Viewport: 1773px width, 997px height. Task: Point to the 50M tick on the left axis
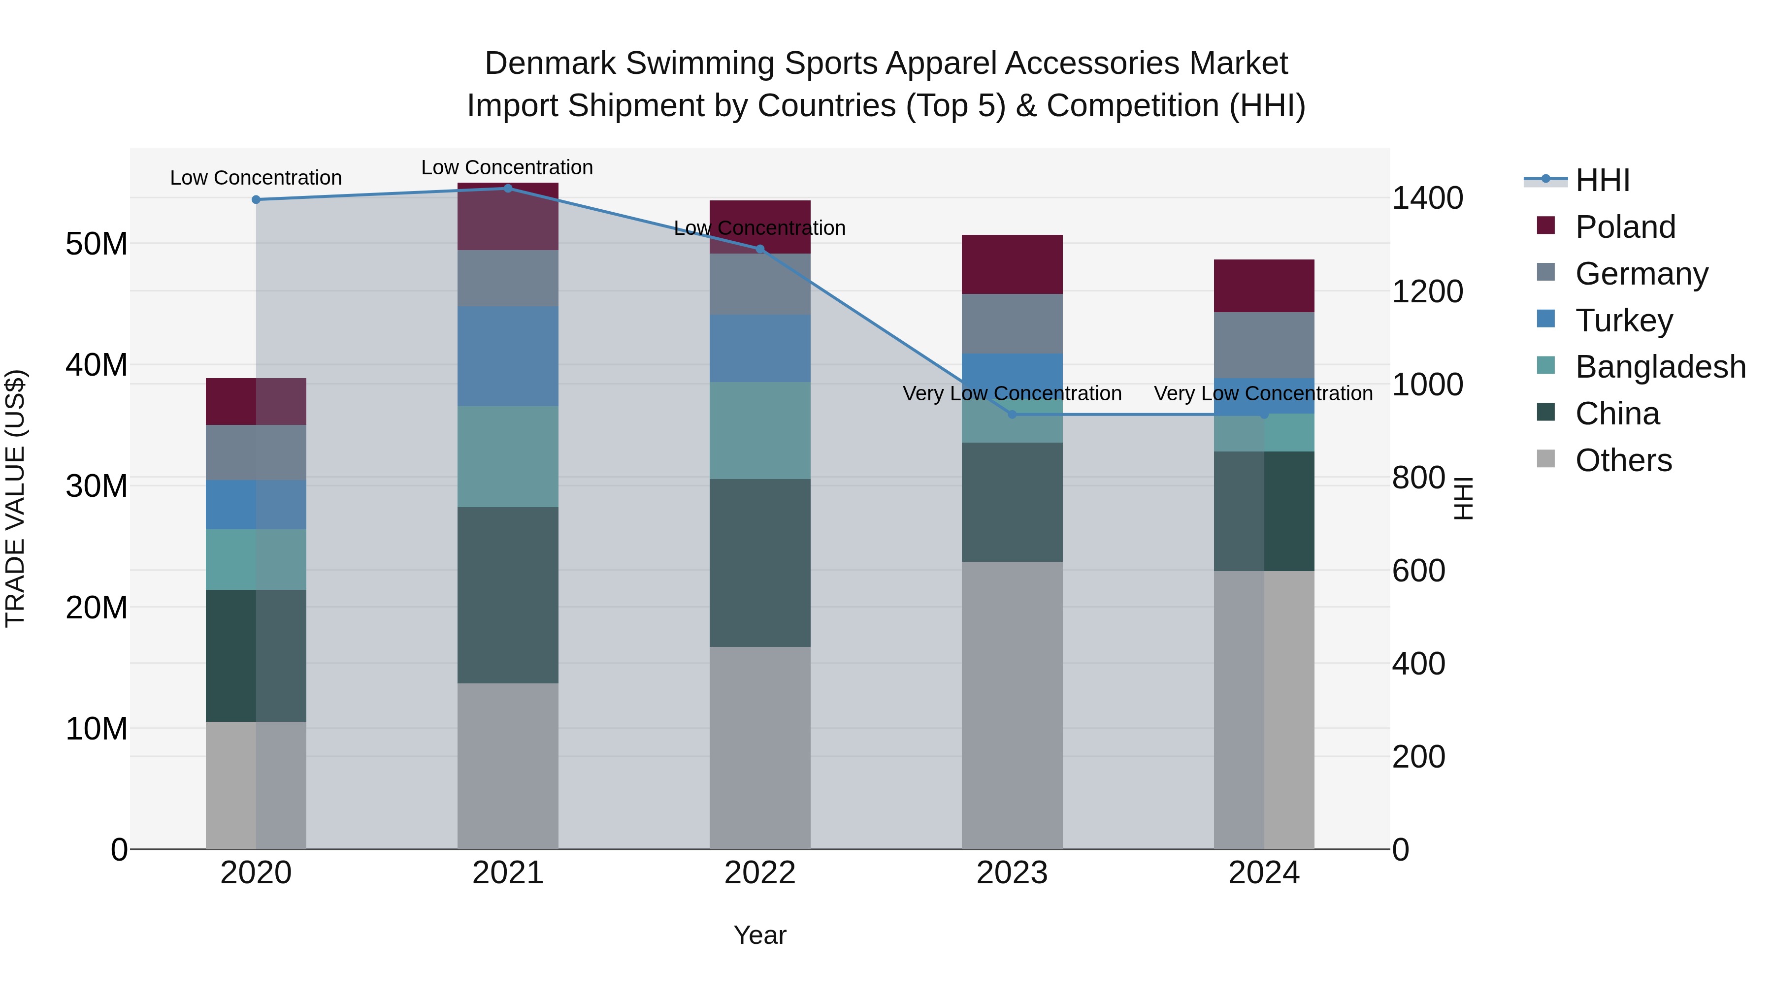97,244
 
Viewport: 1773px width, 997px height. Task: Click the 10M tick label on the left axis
97,729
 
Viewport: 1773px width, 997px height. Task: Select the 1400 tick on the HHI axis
1427,198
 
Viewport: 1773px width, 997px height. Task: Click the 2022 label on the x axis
760,873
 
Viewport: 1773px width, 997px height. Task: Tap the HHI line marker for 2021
508,189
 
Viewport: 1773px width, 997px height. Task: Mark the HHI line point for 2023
1012,414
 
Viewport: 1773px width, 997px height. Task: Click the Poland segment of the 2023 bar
1012,265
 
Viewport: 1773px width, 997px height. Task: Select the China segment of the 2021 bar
508,595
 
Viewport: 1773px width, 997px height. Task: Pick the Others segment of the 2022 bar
760,748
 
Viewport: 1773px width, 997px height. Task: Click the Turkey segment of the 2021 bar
508,356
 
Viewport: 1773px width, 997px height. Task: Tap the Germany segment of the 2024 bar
1264,346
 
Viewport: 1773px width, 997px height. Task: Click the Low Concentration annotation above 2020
256,178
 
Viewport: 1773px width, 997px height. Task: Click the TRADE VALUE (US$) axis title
15,498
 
